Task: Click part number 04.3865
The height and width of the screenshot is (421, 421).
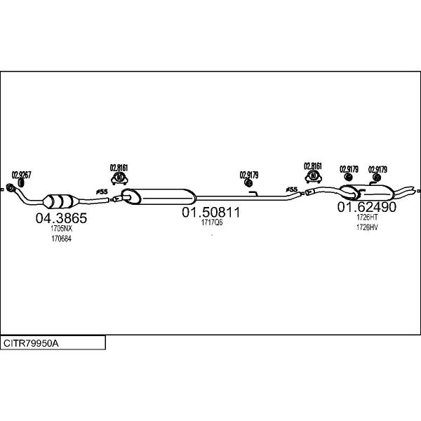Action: (61, 218)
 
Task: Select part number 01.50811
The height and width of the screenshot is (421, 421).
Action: (210, 212)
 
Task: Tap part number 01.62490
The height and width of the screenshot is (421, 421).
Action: (366, 207)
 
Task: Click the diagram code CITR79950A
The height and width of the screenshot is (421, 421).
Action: (31, 343)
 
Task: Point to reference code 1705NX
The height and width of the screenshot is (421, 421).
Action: (62, 229)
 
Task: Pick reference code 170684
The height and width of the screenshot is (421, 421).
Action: (62, 239)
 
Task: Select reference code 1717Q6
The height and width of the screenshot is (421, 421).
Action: (212, 222)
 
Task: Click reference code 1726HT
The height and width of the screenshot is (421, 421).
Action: (367, 217)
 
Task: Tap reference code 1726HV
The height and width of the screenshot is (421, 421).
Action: (367, 227)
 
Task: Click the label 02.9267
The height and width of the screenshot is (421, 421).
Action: (21, 175)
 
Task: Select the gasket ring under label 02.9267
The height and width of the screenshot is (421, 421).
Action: (21, 183)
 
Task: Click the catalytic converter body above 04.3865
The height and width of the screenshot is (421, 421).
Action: (60, 201)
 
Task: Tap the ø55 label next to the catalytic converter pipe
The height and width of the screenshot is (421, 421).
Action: (102, 192)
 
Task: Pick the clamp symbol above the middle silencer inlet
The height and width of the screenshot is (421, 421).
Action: (119, 178)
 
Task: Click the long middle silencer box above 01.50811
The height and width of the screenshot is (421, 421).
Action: (159, 196)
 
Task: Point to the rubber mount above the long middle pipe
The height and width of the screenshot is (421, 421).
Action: (248, 183)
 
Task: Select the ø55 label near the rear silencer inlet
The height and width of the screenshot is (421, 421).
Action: (292, 189)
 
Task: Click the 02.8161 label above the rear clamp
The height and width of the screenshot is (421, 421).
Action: (313, 166)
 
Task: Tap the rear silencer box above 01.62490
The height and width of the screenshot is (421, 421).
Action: (367, 192)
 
